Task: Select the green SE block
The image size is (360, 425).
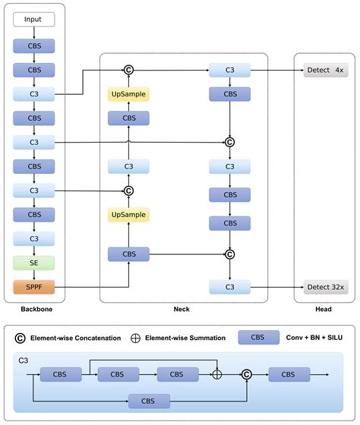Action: point(33,263)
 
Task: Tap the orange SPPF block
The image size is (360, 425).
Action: point(33,288)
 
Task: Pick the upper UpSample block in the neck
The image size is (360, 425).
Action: point(128,94)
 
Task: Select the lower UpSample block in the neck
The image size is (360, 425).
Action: point(128,216)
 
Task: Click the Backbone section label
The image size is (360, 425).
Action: point(33,310)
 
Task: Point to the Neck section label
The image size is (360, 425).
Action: point(182,310)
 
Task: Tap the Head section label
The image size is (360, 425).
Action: point(324,310)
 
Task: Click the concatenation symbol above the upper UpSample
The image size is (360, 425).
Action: point(128,71)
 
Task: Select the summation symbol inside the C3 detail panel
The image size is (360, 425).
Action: point(218,374)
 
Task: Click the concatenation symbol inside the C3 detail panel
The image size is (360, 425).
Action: point(247,374)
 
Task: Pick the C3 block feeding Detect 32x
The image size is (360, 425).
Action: point(229,287)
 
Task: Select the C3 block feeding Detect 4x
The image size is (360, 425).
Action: point(229,71)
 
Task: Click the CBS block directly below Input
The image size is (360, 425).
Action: point(33,46)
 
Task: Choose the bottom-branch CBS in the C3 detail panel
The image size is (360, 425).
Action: point(150,401)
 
